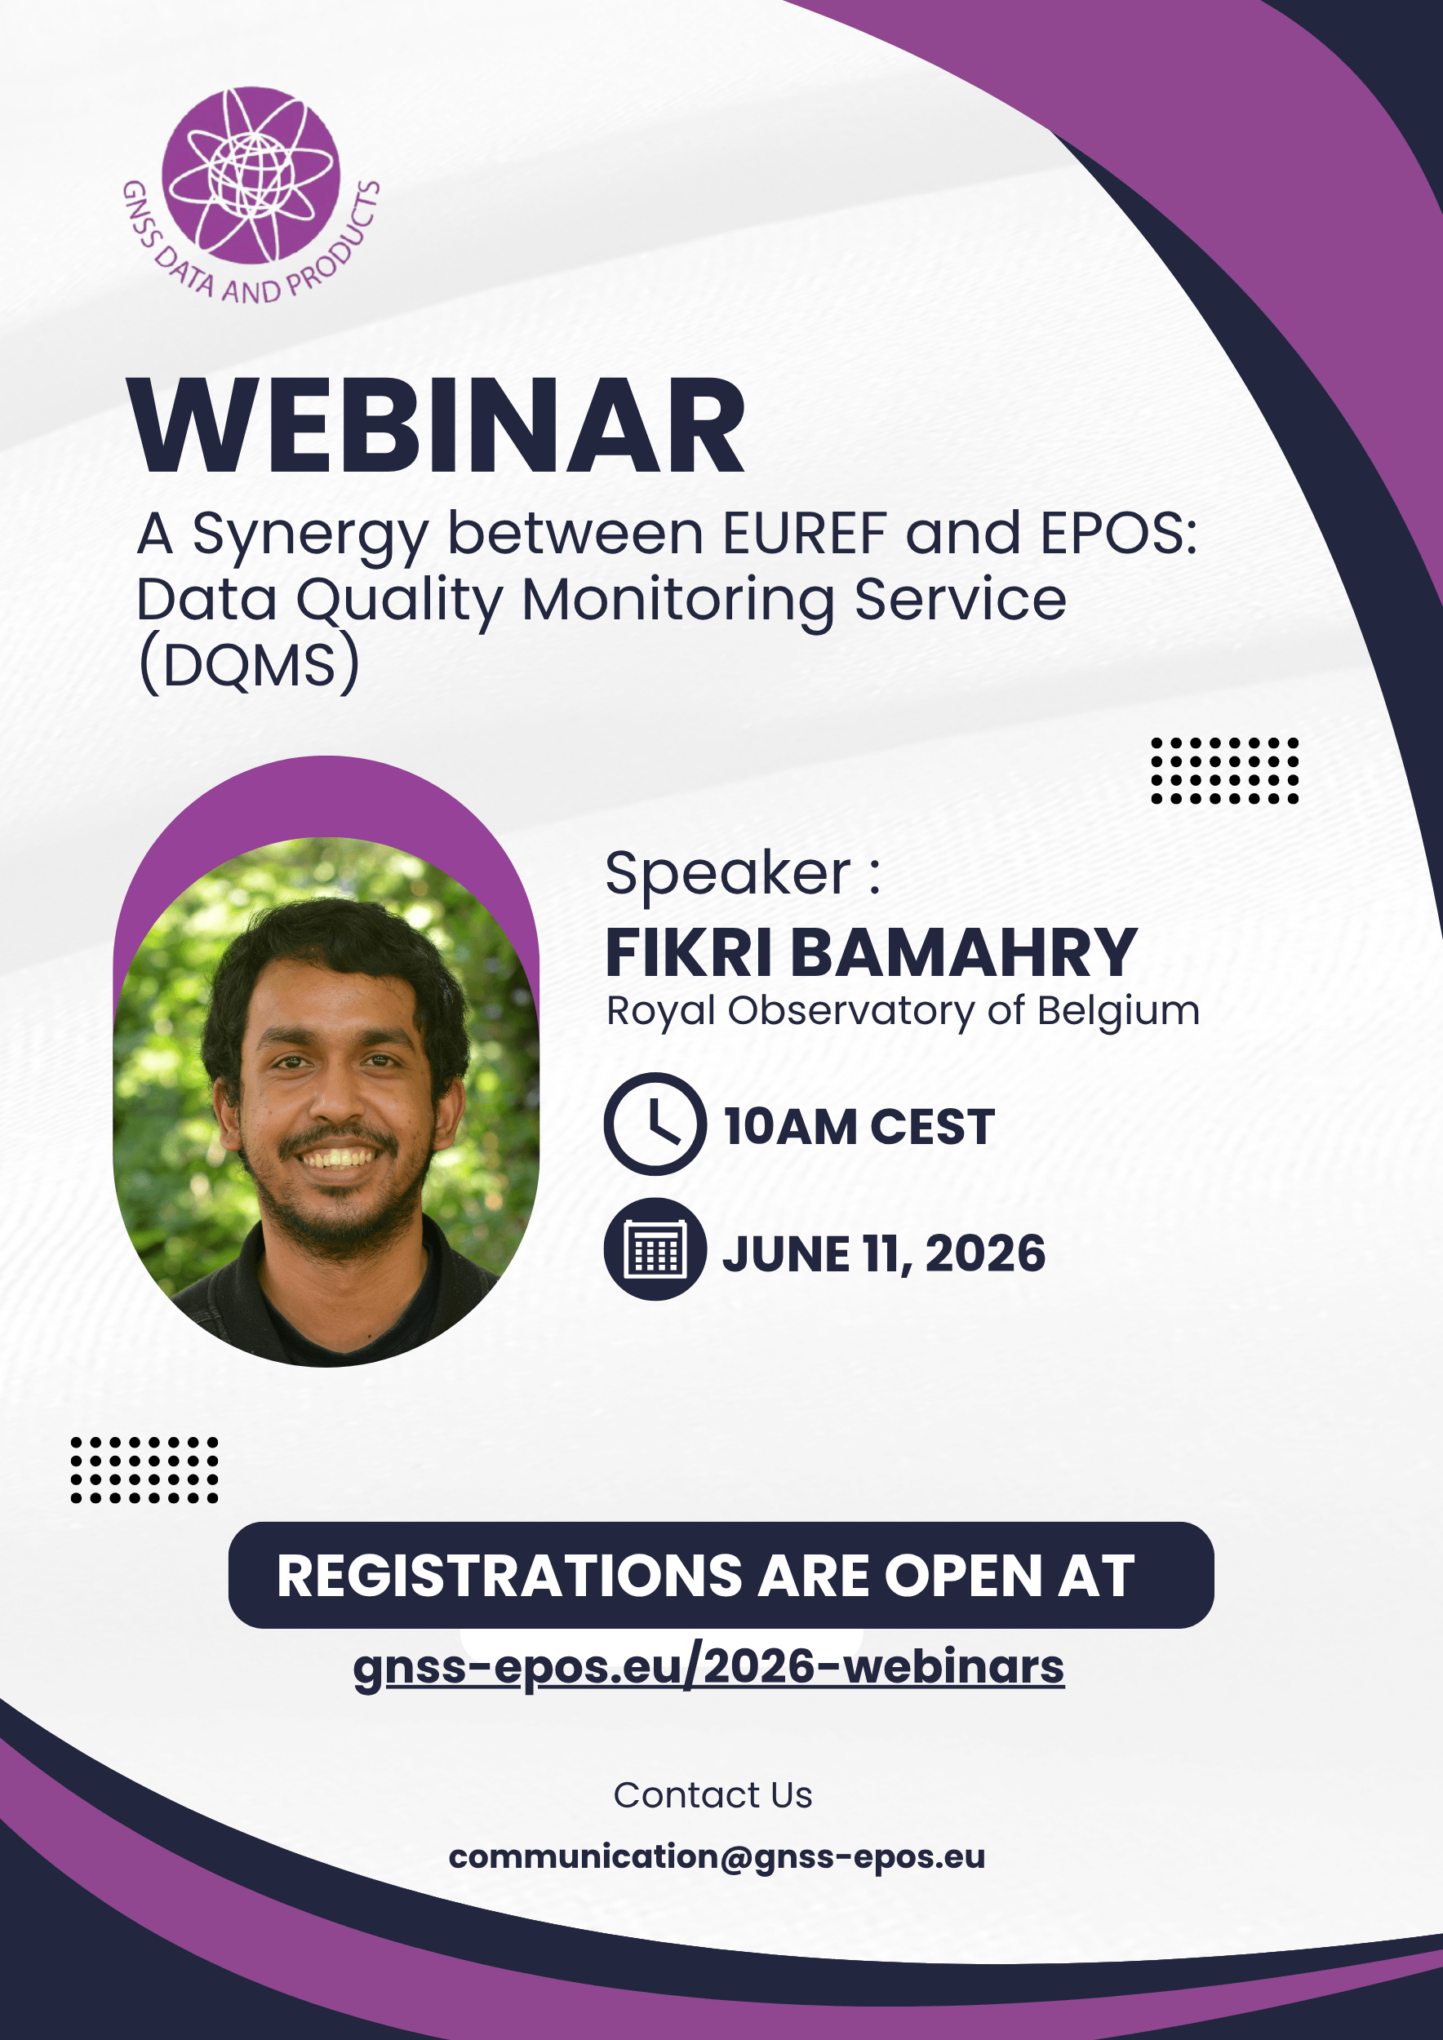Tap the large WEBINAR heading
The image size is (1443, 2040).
pyautogui.click(x=437, y=426)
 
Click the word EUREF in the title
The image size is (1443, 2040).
pyautogui.click(x=805, y=533)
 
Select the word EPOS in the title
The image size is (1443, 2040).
pyautogui.click(x=1119, y=533)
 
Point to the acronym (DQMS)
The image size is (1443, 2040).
pyautogui.click(x=250, y=663)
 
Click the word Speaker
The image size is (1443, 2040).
pyautogui.click(x=728, y=873)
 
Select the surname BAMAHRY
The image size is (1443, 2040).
pyautogui.click(x=964, y=952)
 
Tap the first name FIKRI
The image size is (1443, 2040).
pyautogui.click(x=689, y=952)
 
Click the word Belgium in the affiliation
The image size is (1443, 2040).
pyautogui.click(x=1119, y=1011)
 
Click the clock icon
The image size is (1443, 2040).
pyautogui.click(x=655, y=1124)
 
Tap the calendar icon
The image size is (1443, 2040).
pyautogui.click(x=655, y=1249)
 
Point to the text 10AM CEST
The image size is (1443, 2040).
pyautogui.click(x=859, y=1127)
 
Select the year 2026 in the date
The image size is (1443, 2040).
pyautogui.click(x=985, y=1253)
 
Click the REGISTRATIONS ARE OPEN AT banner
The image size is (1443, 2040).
pyautogui.click(x=721, y=1576)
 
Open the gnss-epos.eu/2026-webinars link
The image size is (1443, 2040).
pyautogui.click(x=708, y=1668)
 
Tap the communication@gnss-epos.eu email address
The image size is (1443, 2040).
pyautogui.click(x=717, y=1857)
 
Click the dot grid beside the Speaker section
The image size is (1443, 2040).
pyautogui.click(x=1224, y=770)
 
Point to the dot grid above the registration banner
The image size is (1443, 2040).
pyautogui.click(x=144, y=1470)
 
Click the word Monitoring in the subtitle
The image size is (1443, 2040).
pyautogui.click(x=678, y=600)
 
